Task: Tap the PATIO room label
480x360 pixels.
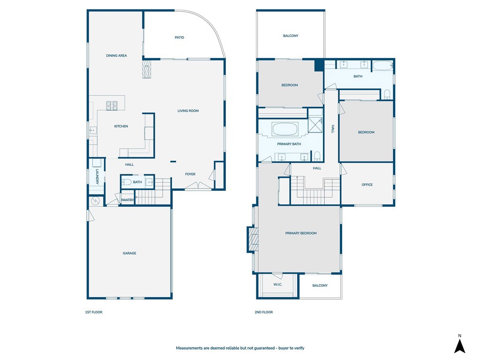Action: coord(179,37)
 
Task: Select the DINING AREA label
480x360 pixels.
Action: coord(116,56)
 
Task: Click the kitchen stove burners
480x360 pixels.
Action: coord(112,106)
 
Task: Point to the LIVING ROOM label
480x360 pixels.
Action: coord(188,111)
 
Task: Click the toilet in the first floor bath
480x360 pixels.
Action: coord(127,182)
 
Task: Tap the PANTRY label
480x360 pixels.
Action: coord(127,200)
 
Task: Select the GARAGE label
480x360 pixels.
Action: coord(129,253)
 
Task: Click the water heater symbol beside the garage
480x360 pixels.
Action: coord(96,201)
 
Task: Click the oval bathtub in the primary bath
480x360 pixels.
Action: coord(285,129)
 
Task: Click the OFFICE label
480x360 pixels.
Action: coord(367,185)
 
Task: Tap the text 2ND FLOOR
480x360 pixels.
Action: coord(264,312)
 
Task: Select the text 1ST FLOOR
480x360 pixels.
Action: coord(94,312)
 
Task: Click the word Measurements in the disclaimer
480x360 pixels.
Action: coord(190,348)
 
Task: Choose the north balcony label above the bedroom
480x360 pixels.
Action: coord(291,36)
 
